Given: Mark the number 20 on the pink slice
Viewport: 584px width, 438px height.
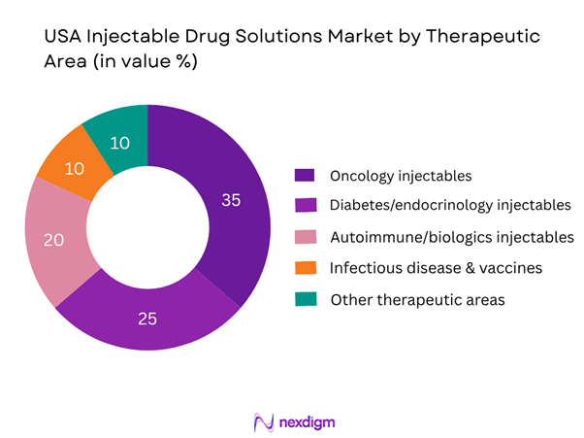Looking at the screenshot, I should (53, 239).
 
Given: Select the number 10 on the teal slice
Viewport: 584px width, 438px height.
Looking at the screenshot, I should (119, 143).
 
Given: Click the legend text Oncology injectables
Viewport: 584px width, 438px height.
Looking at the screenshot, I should (401, 176).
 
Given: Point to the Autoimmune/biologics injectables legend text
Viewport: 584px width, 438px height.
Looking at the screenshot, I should (452, 237).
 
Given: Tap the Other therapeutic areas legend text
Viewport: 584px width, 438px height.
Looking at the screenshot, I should (417, 299).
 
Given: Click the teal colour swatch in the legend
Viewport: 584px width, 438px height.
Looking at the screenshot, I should (304, 299).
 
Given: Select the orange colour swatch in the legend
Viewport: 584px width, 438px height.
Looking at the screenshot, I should (304, 268).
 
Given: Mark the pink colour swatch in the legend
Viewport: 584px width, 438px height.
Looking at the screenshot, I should (304, 237).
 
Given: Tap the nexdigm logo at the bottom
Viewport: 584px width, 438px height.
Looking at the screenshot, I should (291, 422).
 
